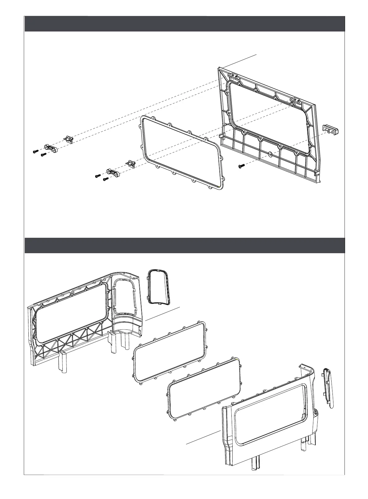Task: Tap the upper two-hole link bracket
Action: (x=51, y=149)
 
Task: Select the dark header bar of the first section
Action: (x=184, y=24)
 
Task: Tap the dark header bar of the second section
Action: (x=184, y=245)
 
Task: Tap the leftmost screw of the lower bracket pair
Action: (x=97, y=176)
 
